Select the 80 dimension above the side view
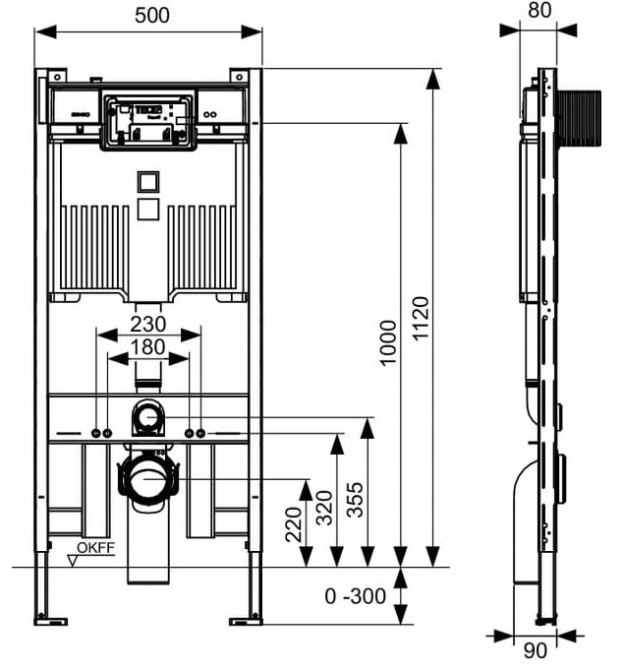pos(538,11)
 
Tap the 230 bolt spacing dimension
pos(147,323)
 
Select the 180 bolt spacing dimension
pos(147,346)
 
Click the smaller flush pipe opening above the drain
pos(147,417)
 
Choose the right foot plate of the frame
pos(246,620)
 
